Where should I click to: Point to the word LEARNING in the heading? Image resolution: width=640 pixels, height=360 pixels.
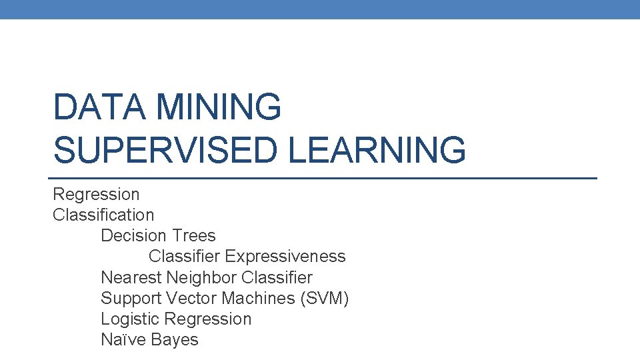click(377, 149)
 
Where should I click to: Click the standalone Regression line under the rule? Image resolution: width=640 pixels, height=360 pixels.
click(96, 195)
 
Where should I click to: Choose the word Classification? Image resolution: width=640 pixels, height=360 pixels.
click(103, 215)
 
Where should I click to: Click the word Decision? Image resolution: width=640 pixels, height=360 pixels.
click(133, 236)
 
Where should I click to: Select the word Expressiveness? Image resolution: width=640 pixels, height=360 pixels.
click(285, 257)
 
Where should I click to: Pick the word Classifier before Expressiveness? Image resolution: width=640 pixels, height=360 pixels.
click(185, 257)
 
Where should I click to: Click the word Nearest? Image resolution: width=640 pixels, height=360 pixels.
click(131, 277)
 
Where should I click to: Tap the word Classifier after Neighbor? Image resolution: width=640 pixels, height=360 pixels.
click(277, 277)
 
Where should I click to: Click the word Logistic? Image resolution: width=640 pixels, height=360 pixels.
click(130, 319)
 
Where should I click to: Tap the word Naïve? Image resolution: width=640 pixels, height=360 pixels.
click(123, 339)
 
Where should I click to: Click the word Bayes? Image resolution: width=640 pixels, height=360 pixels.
click(175, 340)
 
